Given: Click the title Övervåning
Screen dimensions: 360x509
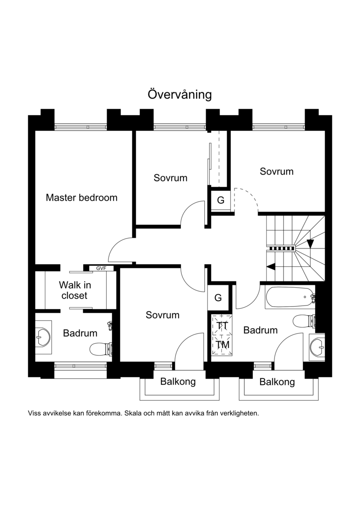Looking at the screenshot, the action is (180, 95).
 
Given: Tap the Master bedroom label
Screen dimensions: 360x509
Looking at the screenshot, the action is (81, 198).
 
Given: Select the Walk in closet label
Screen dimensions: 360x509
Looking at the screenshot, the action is (75, 290).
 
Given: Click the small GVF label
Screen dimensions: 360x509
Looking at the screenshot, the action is (101, 269).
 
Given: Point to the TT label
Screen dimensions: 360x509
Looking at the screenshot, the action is (222, 325).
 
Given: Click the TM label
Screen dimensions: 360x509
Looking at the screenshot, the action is (222, 345).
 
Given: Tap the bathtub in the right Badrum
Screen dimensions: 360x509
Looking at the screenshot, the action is (290, 297).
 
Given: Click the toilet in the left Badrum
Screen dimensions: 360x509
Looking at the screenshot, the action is (101, 349).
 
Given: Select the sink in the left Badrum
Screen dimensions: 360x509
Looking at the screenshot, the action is (43, 337).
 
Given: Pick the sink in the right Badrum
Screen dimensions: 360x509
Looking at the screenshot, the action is (317, 347).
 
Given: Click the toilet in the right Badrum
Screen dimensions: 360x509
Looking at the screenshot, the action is (304, 321).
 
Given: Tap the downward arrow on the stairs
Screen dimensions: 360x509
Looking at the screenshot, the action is (310, 243).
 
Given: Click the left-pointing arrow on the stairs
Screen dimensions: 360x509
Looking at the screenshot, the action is (271, 266).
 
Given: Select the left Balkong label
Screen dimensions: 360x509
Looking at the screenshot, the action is (178, 382).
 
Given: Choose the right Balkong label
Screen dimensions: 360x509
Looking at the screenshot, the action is (277, 382).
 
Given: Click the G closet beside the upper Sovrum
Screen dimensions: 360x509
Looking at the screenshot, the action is (221, 200).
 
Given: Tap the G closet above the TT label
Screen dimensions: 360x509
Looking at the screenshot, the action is (218, 297).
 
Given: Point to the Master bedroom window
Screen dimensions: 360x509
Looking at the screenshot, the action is (81, 127).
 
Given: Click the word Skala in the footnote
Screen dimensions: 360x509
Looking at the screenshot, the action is (132, 414).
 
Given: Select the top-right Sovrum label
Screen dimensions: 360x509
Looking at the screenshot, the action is (277, 171).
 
